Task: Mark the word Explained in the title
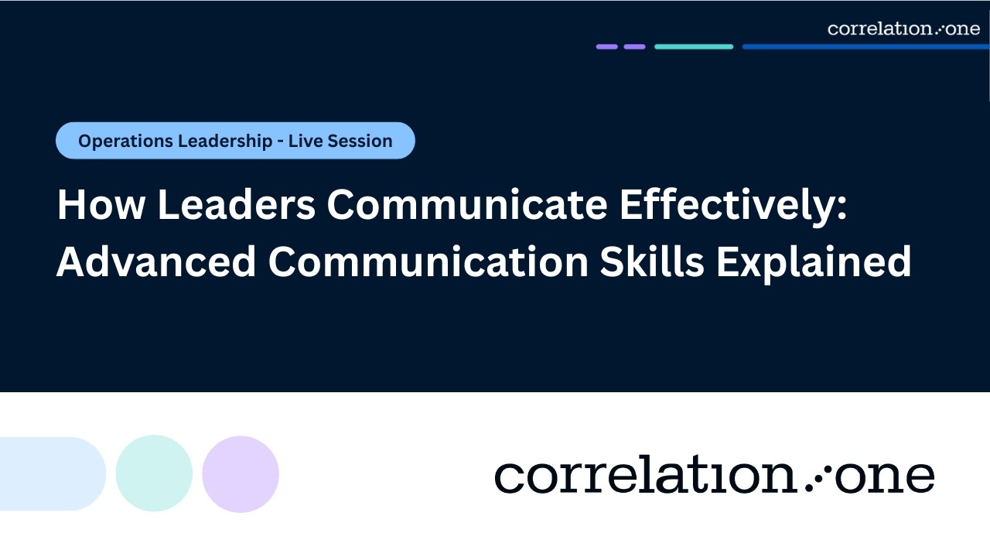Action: click(814, 264)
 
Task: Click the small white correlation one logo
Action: click(903, 29)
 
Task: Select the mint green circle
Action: click(154, 473)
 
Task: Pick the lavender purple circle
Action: click(241, 473)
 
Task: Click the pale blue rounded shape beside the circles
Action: click(51, 473)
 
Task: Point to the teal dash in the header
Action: click(694, 46)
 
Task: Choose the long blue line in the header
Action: click(865, 46)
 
